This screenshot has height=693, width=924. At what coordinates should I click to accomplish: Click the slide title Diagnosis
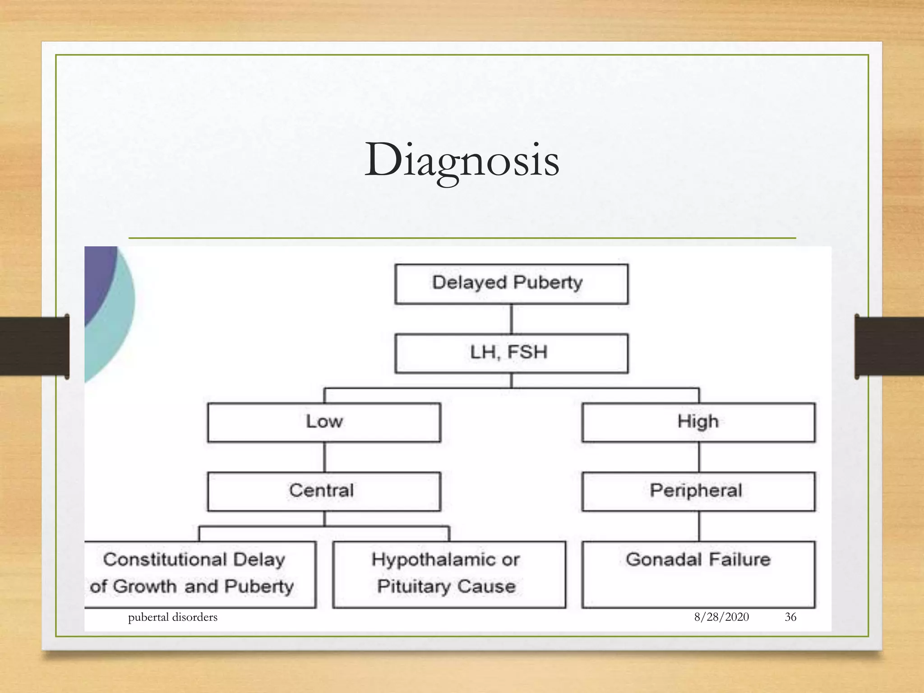pos(462,160)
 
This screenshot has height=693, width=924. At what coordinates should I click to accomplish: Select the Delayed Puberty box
pos(511,284)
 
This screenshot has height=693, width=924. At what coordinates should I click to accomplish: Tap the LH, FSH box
pos(511,353)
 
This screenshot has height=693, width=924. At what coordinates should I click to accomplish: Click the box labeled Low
pos(324,422)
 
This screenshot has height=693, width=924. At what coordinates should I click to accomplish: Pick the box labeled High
pos(698,422)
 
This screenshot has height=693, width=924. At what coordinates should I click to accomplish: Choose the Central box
pos(324,491)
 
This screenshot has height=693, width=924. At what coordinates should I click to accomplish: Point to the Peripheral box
pos(698,491)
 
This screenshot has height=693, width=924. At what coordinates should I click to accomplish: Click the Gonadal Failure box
pos(698,574)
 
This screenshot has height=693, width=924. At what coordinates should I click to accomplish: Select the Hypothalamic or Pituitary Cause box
pos(448,574)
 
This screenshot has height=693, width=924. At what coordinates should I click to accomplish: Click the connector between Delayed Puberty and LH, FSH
pos(511,319)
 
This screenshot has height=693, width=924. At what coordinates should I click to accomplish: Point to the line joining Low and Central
pos(324,457)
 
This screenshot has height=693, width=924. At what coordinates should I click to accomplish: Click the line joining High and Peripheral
pos(699,457)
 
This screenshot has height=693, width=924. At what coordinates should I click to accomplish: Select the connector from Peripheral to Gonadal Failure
pos(699,526)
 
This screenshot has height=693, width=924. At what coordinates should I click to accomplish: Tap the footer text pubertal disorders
pos(172,617)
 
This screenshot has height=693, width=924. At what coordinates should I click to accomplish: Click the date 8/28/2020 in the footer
pos(721,617)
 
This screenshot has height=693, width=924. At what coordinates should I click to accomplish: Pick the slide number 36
pos(790,617)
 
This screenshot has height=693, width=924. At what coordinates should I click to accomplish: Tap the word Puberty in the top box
pos(548,283)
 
